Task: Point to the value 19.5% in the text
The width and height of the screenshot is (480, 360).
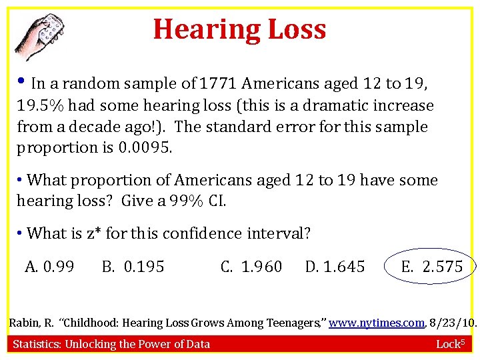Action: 39,105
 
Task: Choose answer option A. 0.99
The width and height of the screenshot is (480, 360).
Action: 49,267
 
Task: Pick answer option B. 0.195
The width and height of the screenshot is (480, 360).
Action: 133,267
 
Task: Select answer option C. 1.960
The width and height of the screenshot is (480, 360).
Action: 251,267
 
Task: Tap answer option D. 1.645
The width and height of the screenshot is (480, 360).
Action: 335,267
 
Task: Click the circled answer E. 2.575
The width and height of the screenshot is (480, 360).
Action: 431,267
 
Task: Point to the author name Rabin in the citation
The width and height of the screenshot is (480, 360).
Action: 24,323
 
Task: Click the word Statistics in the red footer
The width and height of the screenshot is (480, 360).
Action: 39,344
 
